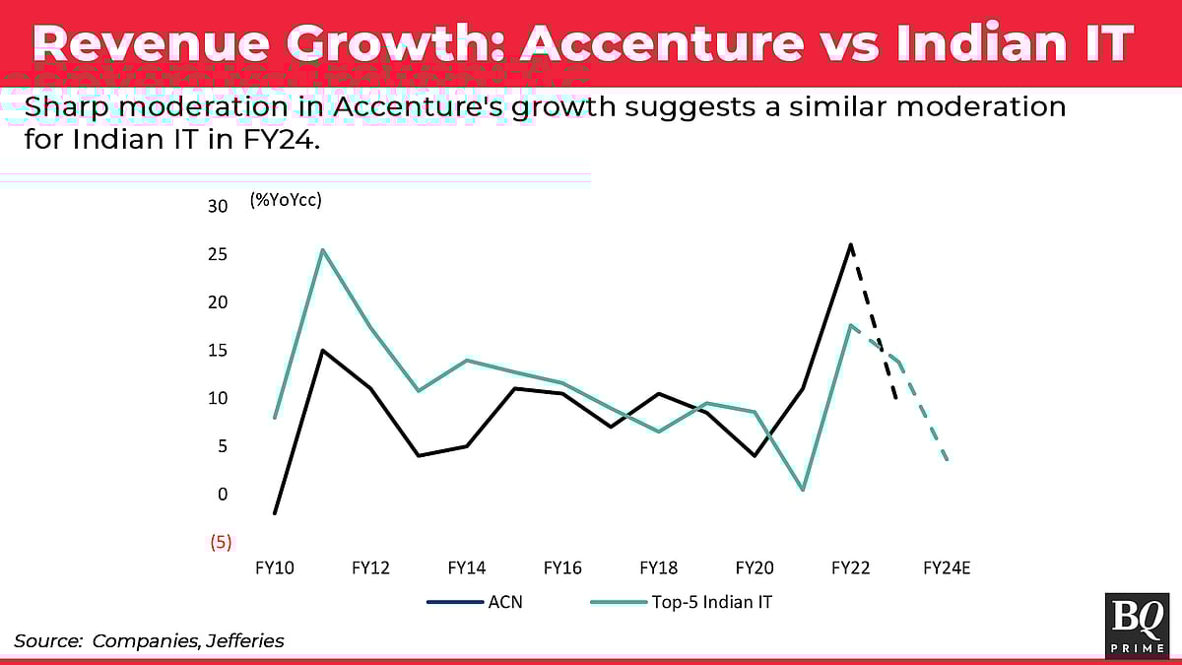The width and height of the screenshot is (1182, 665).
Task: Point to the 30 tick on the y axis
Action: click(218, 206)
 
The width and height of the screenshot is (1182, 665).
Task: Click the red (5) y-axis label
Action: click(218, 542)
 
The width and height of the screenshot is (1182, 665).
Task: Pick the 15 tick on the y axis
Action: click(218, 351)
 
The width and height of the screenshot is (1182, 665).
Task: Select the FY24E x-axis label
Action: click(947, 568)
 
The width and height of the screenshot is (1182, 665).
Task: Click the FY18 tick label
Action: click(658, 568)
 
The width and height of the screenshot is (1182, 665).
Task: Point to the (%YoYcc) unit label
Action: click(287, 200)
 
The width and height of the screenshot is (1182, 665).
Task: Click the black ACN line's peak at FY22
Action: click(851, 244)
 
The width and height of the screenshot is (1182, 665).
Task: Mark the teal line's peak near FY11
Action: click(323, 249)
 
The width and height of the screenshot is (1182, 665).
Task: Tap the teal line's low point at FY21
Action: click(803, 490)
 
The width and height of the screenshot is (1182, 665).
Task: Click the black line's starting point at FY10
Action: click(275, 513)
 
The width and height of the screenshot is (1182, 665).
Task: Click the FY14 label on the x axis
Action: click(466, 568)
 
